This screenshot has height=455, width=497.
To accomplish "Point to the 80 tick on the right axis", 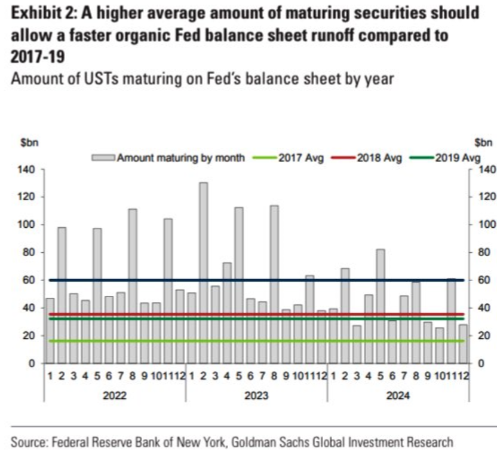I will [x=485, y=253].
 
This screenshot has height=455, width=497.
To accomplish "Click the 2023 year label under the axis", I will [x=256, y=396].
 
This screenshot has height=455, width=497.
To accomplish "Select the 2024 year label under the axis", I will [x=398, y=396].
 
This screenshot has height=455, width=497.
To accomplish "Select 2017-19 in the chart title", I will [x=35, y=57].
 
